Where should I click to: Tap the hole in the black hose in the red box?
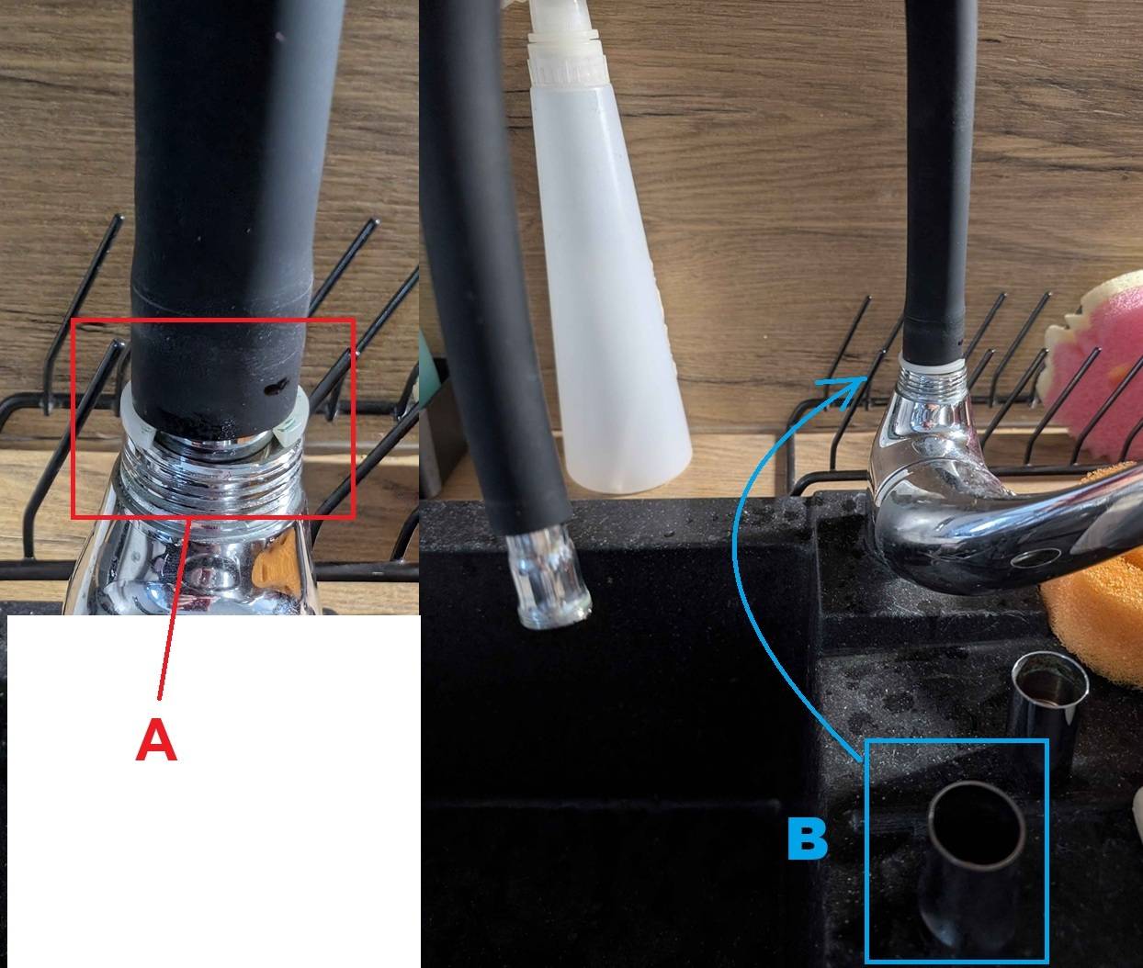(277, 388)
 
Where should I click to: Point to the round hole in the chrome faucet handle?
(1035, 558)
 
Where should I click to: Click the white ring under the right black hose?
(934, 361)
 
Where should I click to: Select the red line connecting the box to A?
(175, 609)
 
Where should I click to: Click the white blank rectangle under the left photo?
(213, 791)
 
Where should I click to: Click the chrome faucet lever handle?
(995, 531)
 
